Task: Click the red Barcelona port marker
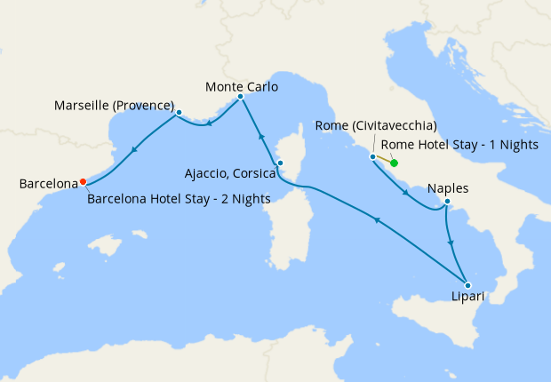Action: coord(83,181)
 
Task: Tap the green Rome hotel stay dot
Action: coord(393,163)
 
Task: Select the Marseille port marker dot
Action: coord(179,113)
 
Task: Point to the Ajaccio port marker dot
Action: coord(279,163)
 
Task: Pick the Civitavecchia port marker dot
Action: coord(372,156)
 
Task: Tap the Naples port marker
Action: coord(447,203)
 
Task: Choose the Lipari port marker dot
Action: coord(467,285)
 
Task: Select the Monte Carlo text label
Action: coord(242,87)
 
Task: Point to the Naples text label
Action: coord(448,188)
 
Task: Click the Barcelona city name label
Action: coord(48,184)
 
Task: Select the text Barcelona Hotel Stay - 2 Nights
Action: coord(180,199)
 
